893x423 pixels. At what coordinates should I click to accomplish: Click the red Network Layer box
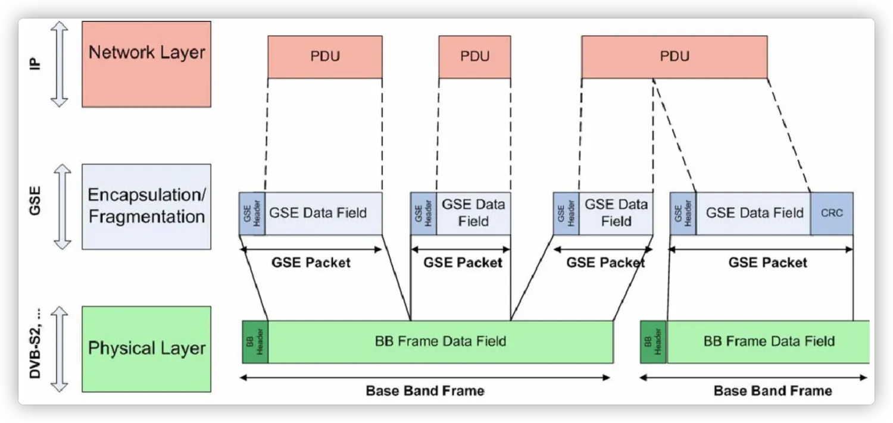tap(146, 64)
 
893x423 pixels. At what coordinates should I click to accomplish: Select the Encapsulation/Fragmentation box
tap(146, 206)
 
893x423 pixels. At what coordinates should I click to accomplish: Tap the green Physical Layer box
tap(146, 349)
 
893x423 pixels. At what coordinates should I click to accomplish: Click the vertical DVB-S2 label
tap(35, 349)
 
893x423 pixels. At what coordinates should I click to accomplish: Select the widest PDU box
tap(674, 57)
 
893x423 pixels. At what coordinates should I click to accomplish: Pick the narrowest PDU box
tap(474, 57)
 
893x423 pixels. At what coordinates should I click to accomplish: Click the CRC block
tap(832, 213)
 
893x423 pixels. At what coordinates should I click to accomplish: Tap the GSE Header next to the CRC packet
tap(683, 213)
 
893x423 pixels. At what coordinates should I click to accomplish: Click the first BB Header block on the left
tap(255, 341)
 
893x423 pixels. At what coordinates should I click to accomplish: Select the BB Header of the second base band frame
tap(653, 341)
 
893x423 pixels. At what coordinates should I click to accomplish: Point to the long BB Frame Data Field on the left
tap(441, 341)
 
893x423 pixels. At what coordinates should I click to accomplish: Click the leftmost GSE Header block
tap(252, 213)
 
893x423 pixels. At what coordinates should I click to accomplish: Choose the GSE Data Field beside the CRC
tap(754, 213)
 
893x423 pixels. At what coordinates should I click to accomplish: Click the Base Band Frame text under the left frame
tap(424, 391)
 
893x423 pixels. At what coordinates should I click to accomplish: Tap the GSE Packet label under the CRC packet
tap(767, 262)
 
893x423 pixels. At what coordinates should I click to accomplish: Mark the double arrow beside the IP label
tap(60, 64)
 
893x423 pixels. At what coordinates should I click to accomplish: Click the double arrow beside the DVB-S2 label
tap(60, 349)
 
